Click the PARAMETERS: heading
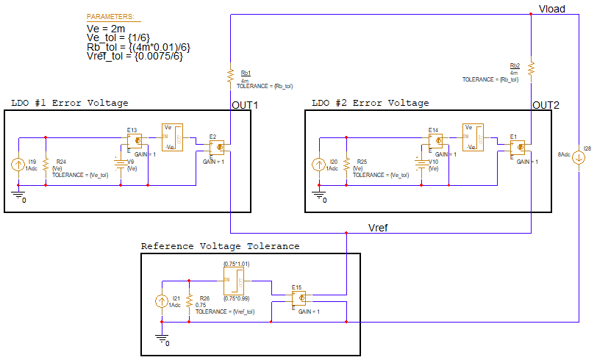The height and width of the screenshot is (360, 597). (x=110, y=16)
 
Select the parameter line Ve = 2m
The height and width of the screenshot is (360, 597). (x=106, y=28)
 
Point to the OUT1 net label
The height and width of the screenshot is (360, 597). (x=245, y=105)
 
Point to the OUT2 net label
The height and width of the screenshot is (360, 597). (x=546, y=105)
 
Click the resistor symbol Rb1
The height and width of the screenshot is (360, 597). (x=231, y=73)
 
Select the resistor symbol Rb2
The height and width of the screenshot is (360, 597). (x=531, y=68)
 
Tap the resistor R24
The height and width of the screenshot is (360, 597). (x=46, y=163)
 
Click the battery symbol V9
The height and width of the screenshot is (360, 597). (x=118, y=163)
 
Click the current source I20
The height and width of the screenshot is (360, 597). (x=318, y=165)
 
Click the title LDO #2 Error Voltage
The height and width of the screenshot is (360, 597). (x=370, y=103)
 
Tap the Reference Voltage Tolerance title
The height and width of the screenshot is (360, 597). (x=220, y=246)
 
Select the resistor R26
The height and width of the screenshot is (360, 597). (x=190, y=302)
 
